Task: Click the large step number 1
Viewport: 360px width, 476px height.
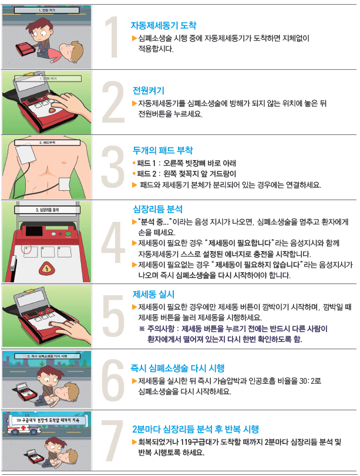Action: click(113, 37)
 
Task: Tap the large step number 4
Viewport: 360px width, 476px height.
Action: click(113, 242)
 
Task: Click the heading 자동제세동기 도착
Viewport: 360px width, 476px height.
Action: click(163, 25)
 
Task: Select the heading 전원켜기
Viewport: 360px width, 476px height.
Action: click(149, 90)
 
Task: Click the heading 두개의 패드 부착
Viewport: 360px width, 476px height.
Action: click(163, 150)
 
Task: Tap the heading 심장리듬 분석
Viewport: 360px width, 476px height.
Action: click(157, 209)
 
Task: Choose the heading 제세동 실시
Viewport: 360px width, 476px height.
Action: click(153, 294)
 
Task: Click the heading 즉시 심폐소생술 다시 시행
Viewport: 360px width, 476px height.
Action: click(177, 368)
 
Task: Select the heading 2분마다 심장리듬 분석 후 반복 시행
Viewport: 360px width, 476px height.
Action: click(196, 429)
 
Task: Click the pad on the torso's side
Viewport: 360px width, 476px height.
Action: click(65, 184)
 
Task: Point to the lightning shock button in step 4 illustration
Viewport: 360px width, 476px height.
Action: click(46, 269)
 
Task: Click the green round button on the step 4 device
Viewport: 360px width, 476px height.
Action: click(68, 234)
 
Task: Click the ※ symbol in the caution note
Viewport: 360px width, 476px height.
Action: click(142, 329)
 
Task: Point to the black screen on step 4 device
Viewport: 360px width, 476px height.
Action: click(33, 231)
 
